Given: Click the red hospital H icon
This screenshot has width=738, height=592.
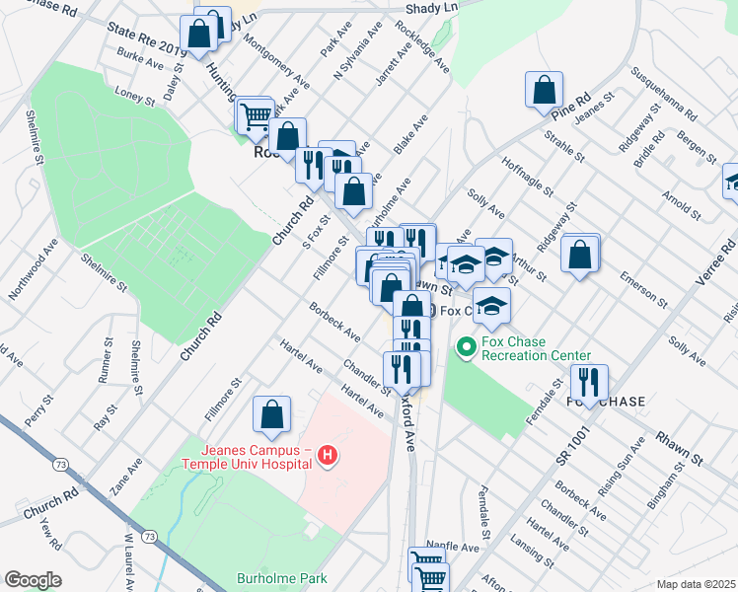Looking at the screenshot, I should tap(329, 455).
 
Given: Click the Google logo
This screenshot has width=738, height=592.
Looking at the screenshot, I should tap(34, 580).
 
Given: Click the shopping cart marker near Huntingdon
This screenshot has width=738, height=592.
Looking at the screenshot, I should tap(256, 117).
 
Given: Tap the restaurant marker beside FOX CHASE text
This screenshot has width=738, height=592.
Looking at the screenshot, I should tap(589, 382).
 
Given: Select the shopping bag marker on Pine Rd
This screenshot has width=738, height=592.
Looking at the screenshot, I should tap(544, 92).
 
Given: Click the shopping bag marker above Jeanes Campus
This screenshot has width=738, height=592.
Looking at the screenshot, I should tap(272, 415).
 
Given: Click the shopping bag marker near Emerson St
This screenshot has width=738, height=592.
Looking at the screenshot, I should tap(580, 254).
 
